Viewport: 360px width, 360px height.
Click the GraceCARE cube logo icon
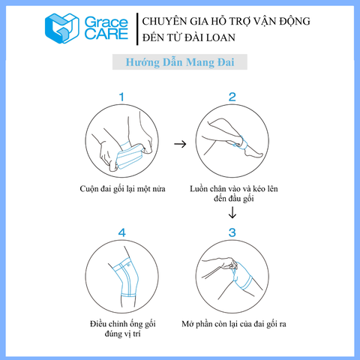click(x=61, y=28)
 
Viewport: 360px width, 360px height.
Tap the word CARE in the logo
click(x=106, y=34)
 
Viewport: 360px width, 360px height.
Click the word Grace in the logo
click(x=106, y=22)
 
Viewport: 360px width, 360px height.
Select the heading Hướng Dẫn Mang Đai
click(x=180, y=62)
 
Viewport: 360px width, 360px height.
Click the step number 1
click(x=121, y=97)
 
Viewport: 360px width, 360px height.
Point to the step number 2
click(x=232, y=97)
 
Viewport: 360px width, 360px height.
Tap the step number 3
click(x=232, y=232)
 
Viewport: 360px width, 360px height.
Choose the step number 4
click(x=121, y=232)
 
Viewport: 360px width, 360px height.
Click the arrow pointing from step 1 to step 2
click(x=180, y=144)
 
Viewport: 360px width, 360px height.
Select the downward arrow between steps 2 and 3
click(x=232, y=212)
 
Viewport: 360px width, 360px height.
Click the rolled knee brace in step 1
click(x=130, y=155)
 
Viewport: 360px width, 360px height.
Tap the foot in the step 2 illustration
click(x=253, y=151)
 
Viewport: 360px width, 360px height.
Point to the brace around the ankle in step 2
click(x=241, y=143)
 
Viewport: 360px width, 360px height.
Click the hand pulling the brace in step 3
click(x=229, y=263)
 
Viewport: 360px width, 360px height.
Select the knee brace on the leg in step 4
click(x=126, y=277)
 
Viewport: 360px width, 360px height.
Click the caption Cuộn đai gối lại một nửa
click(x=122, y=189)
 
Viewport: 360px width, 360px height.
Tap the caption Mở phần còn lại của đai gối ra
click(x=234, y=324)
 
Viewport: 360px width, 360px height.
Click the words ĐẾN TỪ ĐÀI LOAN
click(x=189, y=37)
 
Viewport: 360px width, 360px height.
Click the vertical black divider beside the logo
click(x=137, y=29)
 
